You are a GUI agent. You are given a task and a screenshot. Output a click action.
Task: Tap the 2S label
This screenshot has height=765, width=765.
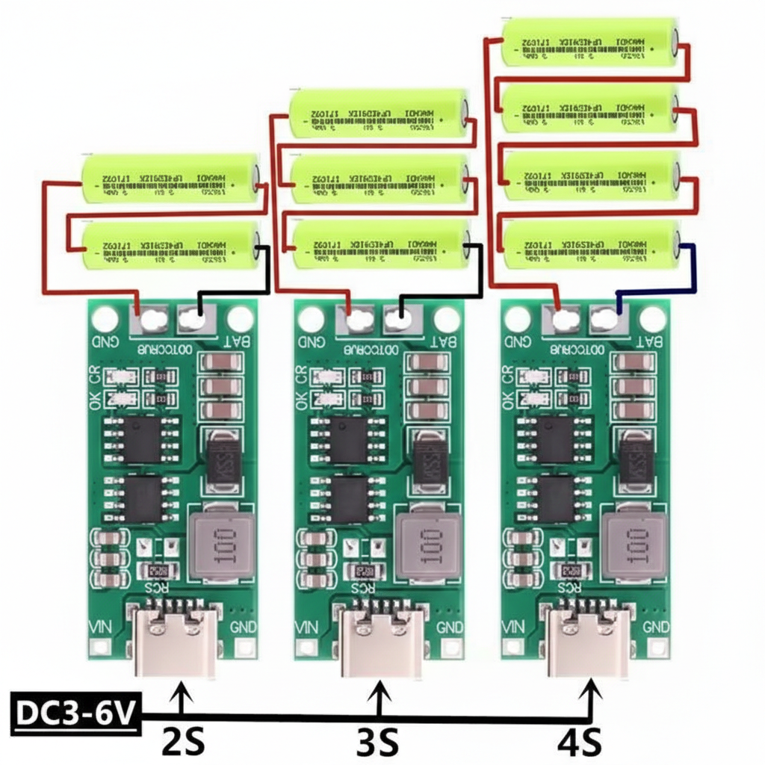pyautogui.click(x=183, y=743)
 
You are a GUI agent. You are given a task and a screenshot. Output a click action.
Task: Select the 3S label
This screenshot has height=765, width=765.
pyautogui.click(x=377, y=743)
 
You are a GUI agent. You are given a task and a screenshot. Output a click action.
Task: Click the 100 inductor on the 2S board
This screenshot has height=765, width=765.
pyautogui.click(x=223, y=543)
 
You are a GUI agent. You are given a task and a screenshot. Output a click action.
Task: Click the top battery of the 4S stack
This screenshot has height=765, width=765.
pyautogui.click(x=590, y=43)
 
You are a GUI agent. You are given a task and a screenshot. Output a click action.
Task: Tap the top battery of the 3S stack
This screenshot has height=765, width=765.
pyautogui.click(x=379, y=113)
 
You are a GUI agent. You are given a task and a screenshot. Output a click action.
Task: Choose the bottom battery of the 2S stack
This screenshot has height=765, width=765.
pyautogui.click(x=170, y=245)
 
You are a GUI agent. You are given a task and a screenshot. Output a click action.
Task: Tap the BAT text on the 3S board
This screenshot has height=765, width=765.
pyautogui.click(x=442, y=342)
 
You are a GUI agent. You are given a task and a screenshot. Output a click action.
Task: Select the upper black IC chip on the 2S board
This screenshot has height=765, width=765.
pyautogui.click(x=142, y=439)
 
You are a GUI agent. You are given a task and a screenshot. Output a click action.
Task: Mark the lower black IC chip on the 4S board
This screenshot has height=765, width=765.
pyautogui.click(x=555, y=499)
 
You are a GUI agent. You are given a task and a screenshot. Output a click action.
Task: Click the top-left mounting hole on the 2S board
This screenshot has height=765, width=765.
pyautogui.click(x=105, y=320)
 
